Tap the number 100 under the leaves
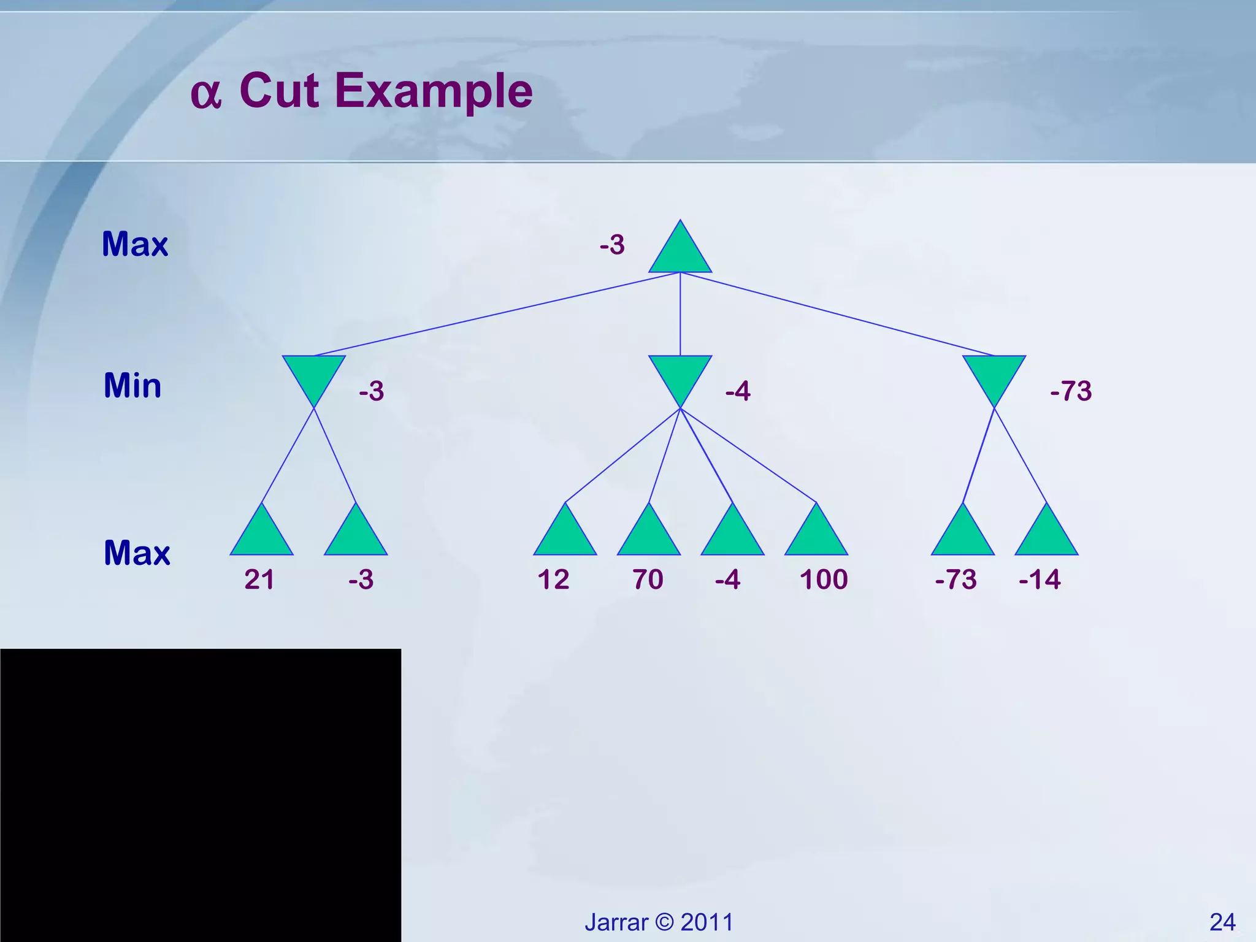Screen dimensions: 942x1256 823,580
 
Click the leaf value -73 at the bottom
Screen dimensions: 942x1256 955,580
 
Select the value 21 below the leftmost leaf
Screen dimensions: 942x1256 259,580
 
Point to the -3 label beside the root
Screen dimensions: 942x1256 612,245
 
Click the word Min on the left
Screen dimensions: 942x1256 132,386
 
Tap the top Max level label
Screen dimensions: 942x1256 135,244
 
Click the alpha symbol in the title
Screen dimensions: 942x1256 205,95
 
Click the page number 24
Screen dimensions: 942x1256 1222,922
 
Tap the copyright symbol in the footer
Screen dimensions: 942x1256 664,922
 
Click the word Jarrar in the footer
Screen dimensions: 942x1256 616,922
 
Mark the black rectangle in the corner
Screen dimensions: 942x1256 201,795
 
